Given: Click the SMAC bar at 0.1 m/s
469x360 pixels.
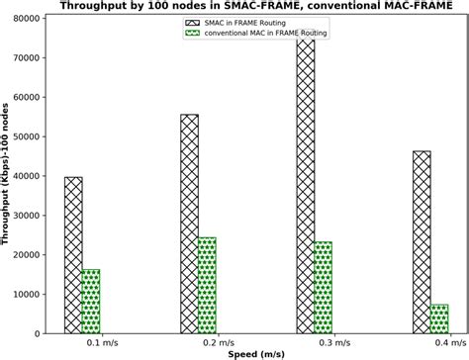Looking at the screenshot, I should (x=73, y=255).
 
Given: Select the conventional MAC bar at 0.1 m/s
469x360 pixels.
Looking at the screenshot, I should (x=91, y=302).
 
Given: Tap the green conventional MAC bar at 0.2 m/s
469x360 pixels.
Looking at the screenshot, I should (x=207, y=285).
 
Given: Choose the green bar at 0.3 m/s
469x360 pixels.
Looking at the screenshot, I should (x=323, y=288).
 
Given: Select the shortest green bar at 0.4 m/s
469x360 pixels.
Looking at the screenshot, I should (x=438, y=318).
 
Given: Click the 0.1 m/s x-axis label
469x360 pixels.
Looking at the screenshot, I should (x=82, y=342).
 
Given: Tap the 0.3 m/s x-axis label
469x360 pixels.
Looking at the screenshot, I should (x=314, y=342).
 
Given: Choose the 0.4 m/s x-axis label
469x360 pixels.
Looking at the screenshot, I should (x=429, y=342).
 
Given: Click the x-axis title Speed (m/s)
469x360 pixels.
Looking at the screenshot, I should (x=255, y=353).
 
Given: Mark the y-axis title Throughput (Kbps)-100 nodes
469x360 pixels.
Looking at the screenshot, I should (x=9, y=173).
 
